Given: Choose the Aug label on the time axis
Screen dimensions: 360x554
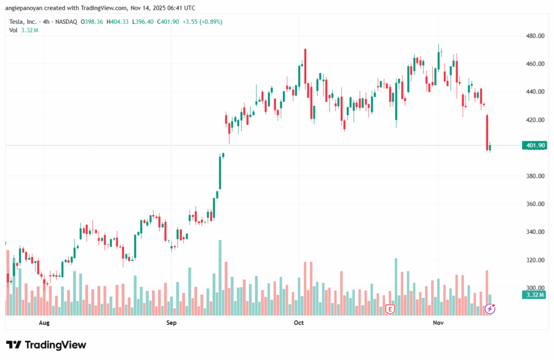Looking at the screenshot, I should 44,323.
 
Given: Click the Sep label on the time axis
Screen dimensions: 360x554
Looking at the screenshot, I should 172,323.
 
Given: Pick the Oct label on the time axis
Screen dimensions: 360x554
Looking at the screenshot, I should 299,323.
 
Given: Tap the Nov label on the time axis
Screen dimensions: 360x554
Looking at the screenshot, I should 438,323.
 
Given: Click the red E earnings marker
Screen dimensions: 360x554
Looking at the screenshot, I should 390,310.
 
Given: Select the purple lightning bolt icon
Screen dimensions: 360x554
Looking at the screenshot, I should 490,309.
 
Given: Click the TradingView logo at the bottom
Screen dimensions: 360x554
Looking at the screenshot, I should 46,345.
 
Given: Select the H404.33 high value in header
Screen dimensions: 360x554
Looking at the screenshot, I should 118,22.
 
